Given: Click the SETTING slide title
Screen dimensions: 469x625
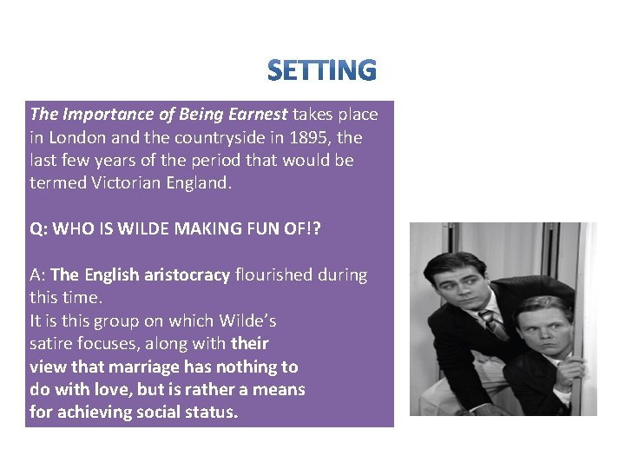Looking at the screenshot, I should tap(322, 70).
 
